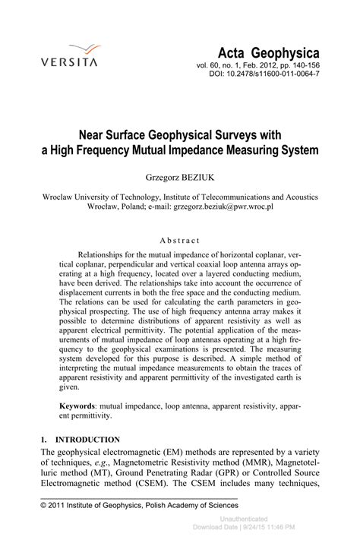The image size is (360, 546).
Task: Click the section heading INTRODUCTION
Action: coord(88,440)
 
